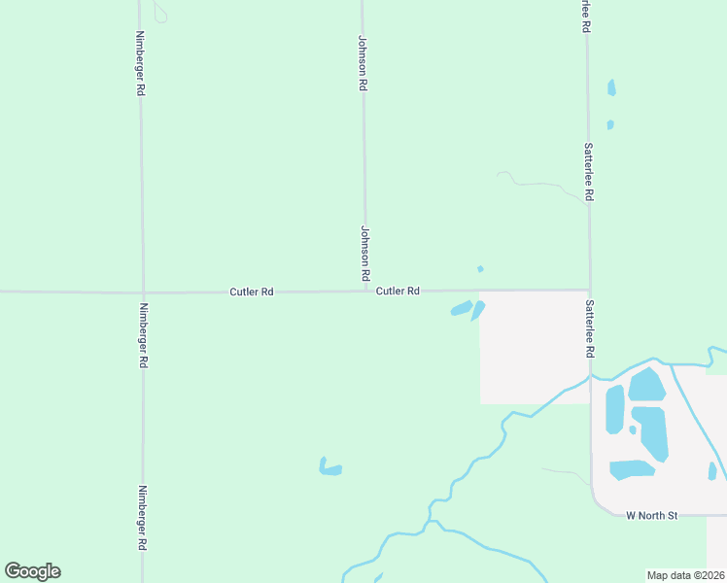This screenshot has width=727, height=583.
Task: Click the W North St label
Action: tap(651, 515)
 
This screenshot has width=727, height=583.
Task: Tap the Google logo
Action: tap(32, 571)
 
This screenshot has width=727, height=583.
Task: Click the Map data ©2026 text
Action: tap(685, 574)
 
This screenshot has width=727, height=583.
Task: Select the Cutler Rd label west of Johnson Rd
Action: tap(252, 291)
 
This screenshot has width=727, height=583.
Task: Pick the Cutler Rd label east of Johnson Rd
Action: tap(398, 291)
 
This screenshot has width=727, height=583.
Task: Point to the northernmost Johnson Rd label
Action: tap(363, 64)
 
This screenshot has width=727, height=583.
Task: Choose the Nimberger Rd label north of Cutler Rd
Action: tap(141, 62)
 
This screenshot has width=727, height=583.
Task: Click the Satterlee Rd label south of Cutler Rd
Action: tap(589, 327)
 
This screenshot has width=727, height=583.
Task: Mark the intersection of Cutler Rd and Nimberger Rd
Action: tap(143, 291)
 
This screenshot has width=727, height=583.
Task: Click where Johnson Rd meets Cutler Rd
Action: tap(366, 290)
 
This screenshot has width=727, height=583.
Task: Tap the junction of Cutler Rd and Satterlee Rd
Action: tap(589, 290)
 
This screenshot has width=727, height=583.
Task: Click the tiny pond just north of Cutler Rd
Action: tap(480, 269)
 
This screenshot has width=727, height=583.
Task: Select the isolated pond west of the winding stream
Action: tap(330, 468)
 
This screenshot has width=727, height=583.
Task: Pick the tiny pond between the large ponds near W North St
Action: tap(633, 429)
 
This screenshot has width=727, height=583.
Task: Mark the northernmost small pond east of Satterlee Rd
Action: tap(611, 87)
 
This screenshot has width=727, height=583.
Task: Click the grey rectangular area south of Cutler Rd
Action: tap(533, 347)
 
